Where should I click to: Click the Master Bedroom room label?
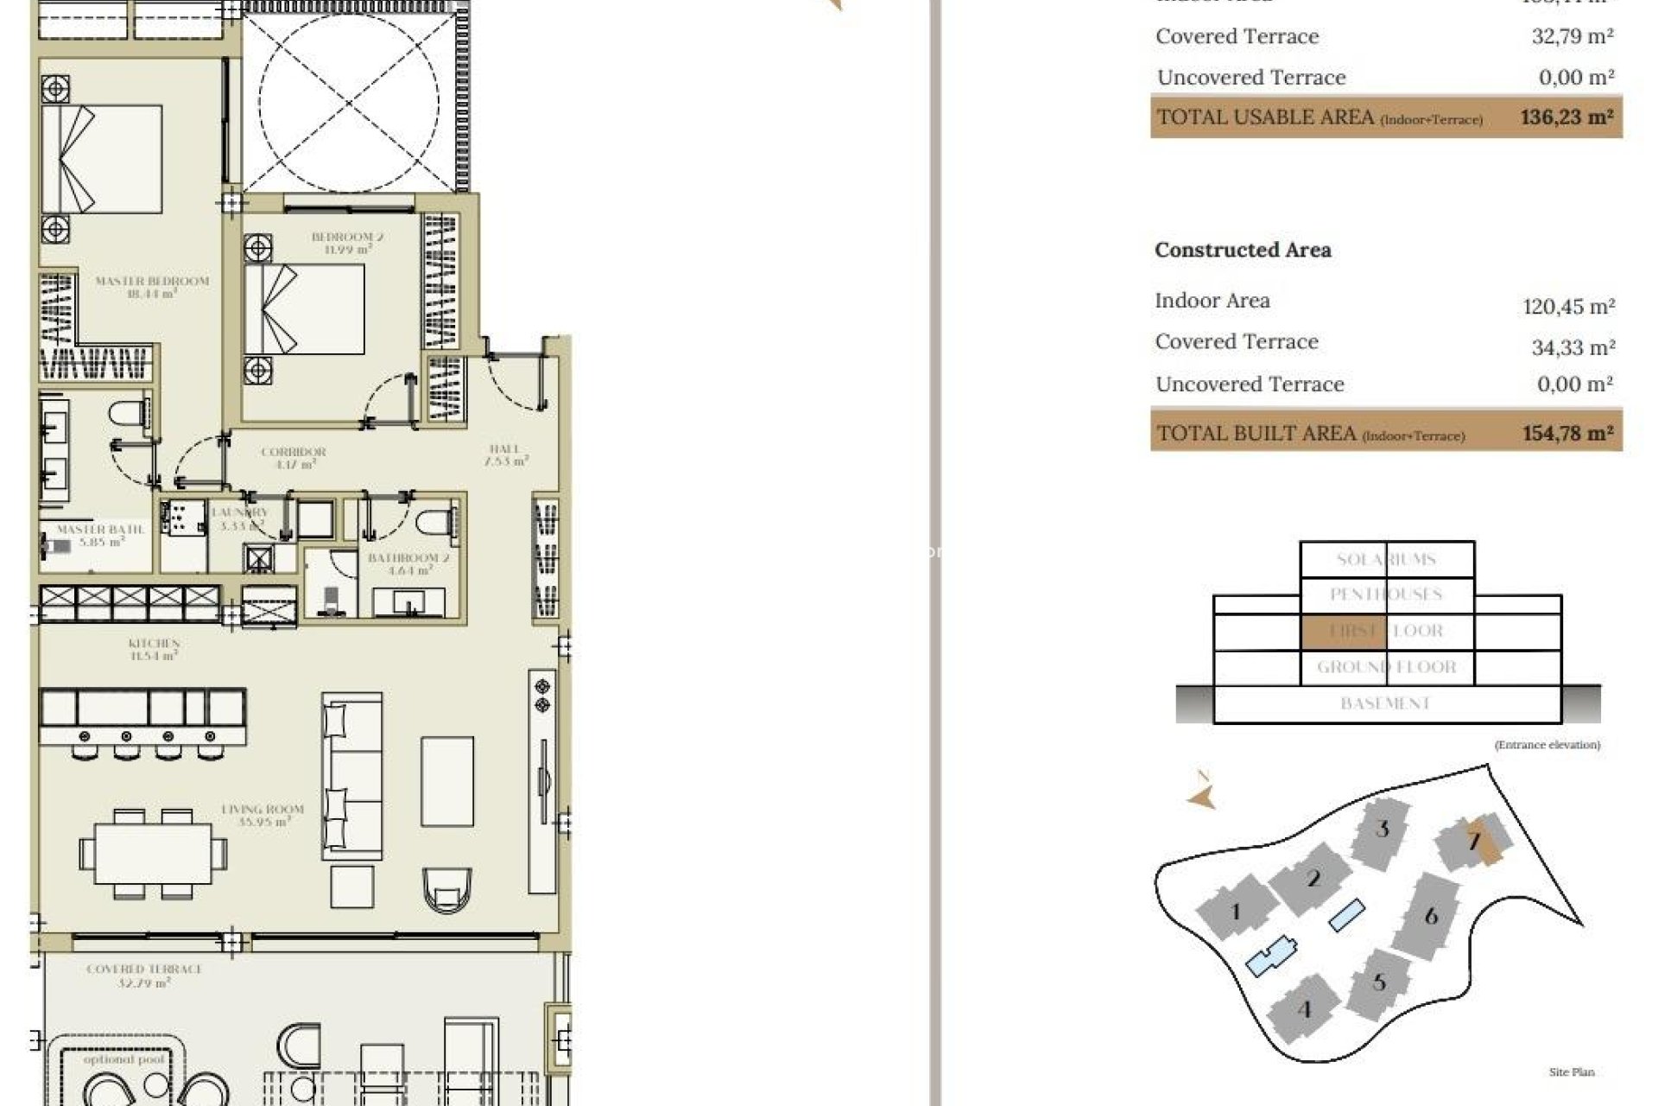point(152,287)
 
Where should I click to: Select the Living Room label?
point(263,815)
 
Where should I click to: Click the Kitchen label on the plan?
point(154,649)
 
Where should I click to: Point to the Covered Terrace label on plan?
point(144,976)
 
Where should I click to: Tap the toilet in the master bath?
point(130,413)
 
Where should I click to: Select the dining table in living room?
point(153,854)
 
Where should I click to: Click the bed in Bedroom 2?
point(304,309)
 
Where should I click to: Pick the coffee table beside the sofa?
point(447,782)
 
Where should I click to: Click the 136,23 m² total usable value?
point(1566,118)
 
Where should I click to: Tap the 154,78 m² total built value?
point(1566,433)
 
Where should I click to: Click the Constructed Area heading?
point(1243,250)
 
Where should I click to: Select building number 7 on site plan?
point(1474,841)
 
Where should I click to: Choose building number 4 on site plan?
point(1304,1008)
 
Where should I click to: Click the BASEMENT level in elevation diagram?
point(1386,703)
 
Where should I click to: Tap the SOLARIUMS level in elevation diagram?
point(1386,559)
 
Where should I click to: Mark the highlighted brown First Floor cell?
point(1343,631)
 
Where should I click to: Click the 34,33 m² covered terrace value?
point(1572,347)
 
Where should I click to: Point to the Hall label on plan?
point(505,454)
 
